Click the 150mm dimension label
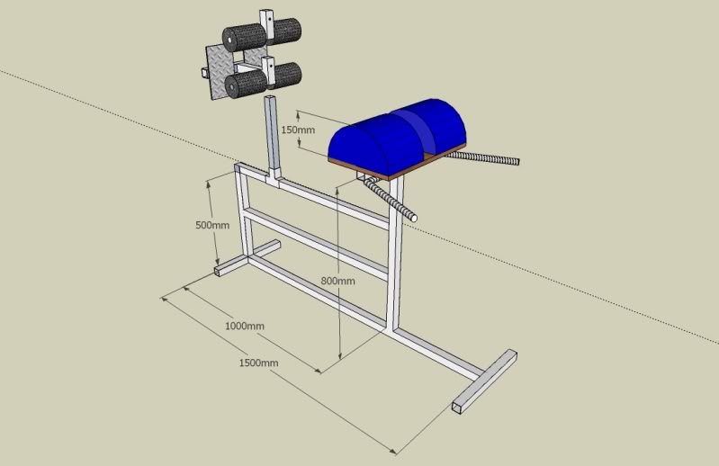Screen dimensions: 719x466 click(x=298, y=130)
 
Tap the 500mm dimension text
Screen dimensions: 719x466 click(x=212, y=225)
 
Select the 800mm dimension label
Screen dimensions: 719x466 click(x=338, y=281)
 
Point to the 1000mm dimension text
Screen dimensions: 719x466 click(x=245, y=326)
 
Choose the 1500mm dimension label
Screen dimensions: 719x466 click(x=258, y=363)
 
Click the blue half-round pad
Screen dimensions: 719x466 click(x=398, y=135)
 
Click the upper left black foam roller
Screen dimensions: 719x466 click(x=244, y=38)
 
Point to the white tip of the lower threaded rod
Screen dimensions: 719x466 click(x=414, y=218)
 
